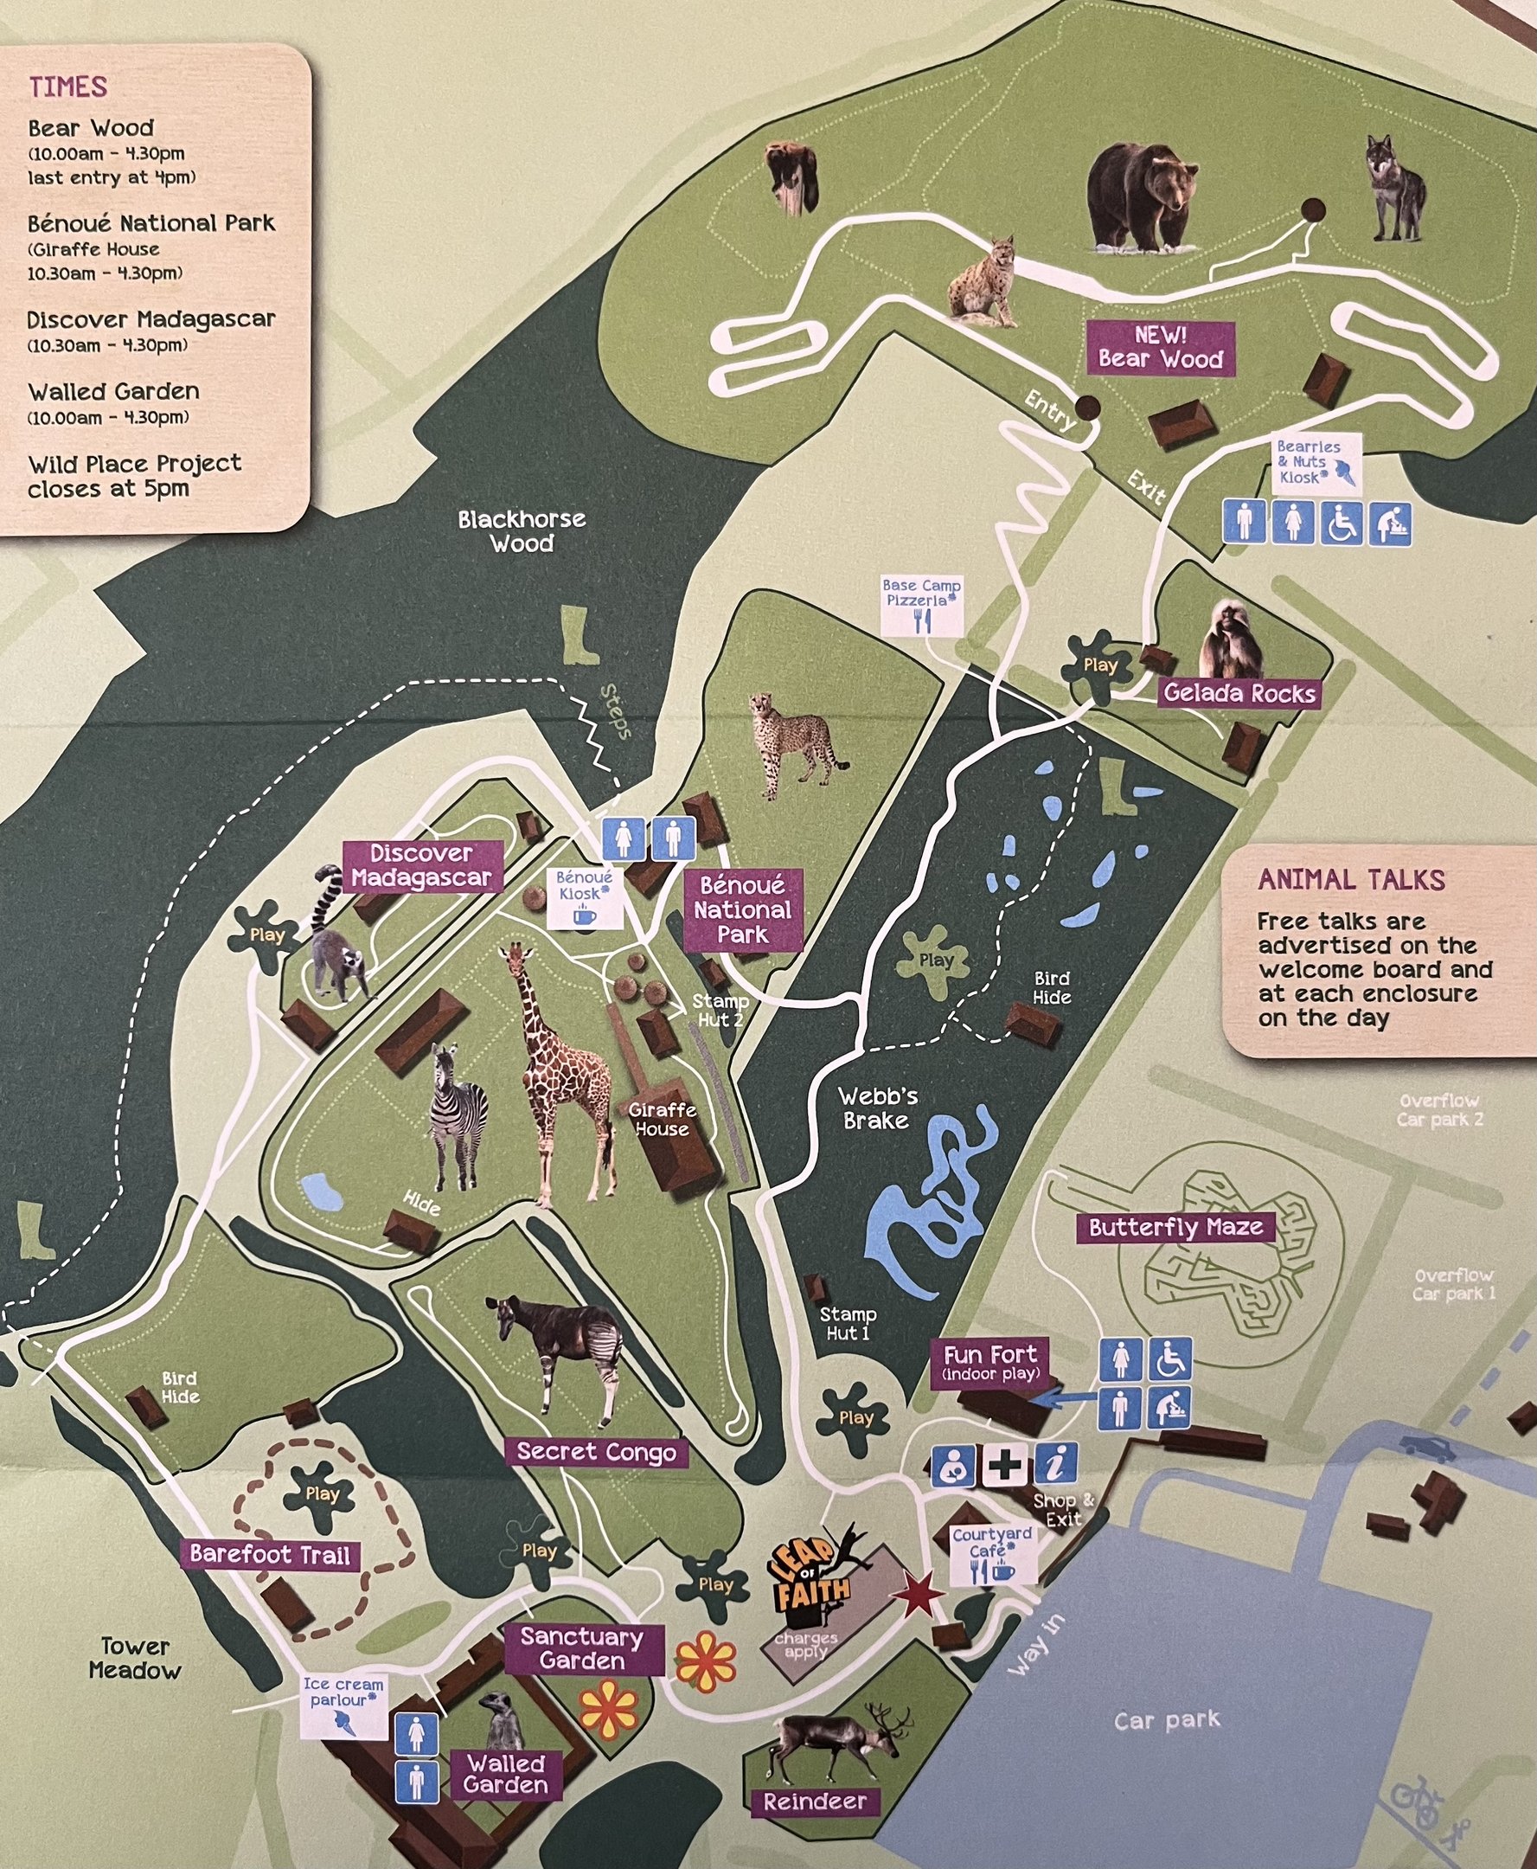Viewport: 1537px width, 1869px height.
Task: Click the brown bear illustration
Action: pyautogui.click(x=1141, y=196)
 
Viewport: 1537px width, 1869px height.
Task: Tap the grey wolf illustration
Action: pyautogui.click(x=1395, y=189)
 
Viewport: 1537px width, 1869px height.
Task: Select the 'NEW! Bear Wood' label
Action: pyautogui.click(x=1160, y=348)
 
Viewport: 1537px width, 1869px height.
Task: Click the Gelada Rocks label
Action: pyautogui.click(x=1239, y=693)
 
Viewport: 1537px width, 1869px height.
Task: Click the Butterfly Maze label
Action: pyautogui.click(x=1175, y=1228)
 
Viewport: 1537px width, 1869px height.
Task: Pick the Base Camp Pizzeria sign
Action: pyautogui.click(x=921, y=605)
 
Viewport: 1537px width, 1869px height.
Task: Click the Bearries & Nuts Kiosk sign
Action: pyautogui.click(x=1314, y=463)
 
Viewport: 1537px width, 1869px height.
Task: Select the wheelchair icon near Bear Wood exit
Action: pyautogui.click(x=1342, y=523)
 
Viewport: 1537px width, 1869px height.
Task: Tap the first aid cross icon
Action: pyautogui.click(x=1005, y=1465)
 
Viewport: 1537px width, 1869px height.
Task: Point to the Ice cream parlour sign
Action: pyautogui.click(x=343, y=1705)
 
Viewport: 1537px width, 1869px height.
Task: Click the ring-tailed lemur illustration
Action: pyautogui.click(x=336, y=941)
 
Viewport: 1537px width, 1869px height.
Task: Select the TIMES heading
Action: pyautogui.click(x=67, y=87)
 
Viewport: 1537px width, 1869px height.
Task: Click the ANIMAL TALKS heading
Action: pyautogui.click(x=1351, y=880)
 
